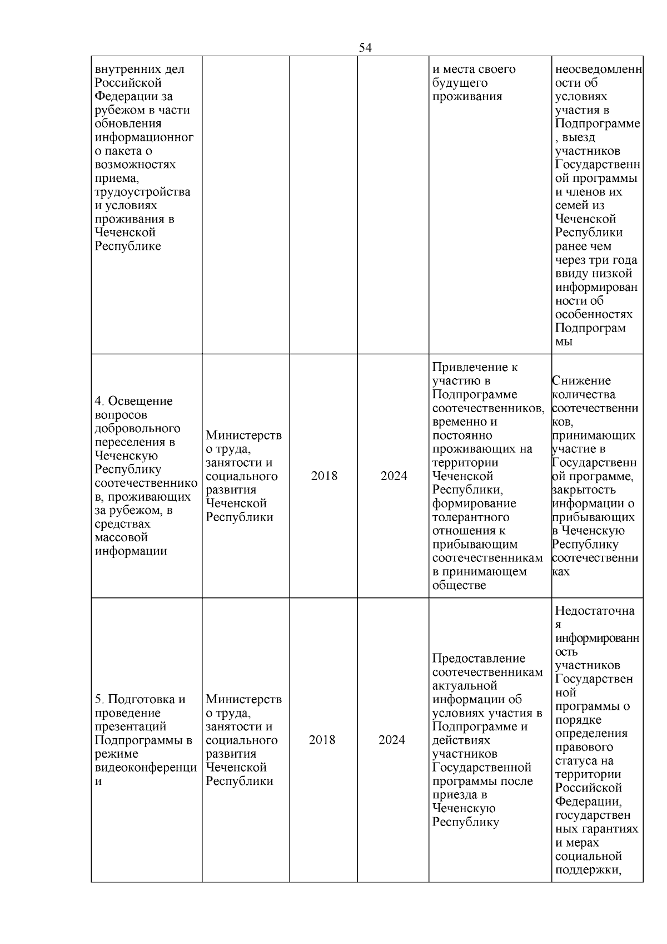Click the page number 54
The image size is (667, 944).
click(x=365, y=48)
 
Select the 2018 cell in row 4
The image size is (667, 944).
click(x=324, y=476)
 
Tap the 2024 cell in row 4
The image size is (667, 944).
click(x=394, y=476)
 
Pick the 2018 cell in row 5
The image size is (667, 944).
click(x=322, y=740)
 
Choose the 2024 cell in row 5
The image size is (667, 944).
click(x=392, y=740)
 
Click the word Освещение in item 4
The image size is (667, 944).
click(x=140, y=401)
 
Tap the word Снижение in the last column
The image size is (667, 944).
click(x=581, y=381)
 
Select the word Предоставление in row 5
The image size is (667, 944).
click(x=479, y=659)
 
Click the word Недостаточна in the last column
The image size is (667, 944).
click(x=595, y=611)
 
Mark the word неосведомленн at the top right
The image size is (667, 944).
click(x=598, y=70)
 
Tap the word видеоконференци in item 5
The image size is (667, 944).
click(x=146, y=768)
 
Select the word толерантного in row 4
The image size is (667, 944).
click(x=470, y=517)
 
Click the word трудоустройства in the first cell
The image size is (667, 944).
click(x=142, y=192)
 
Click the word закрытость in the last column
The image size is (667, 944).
click(x=584, y=490)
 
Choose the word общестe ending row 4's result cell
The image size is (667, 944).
click(x=459, y=585)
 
